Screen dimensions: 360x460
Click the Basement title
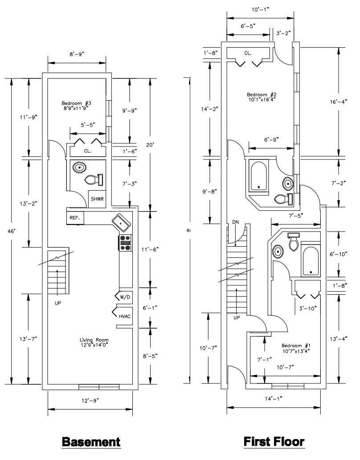(91, 442)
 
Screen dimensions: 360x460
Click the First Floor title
(274, 441)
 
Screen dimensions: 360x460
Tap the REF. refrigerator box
(75, 218)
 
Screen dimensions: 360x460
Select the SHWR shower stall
(97, 199)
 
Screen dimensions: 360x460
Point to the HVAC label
(125, 316)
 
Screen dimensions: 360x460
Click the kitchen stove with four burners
(125, 243)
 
